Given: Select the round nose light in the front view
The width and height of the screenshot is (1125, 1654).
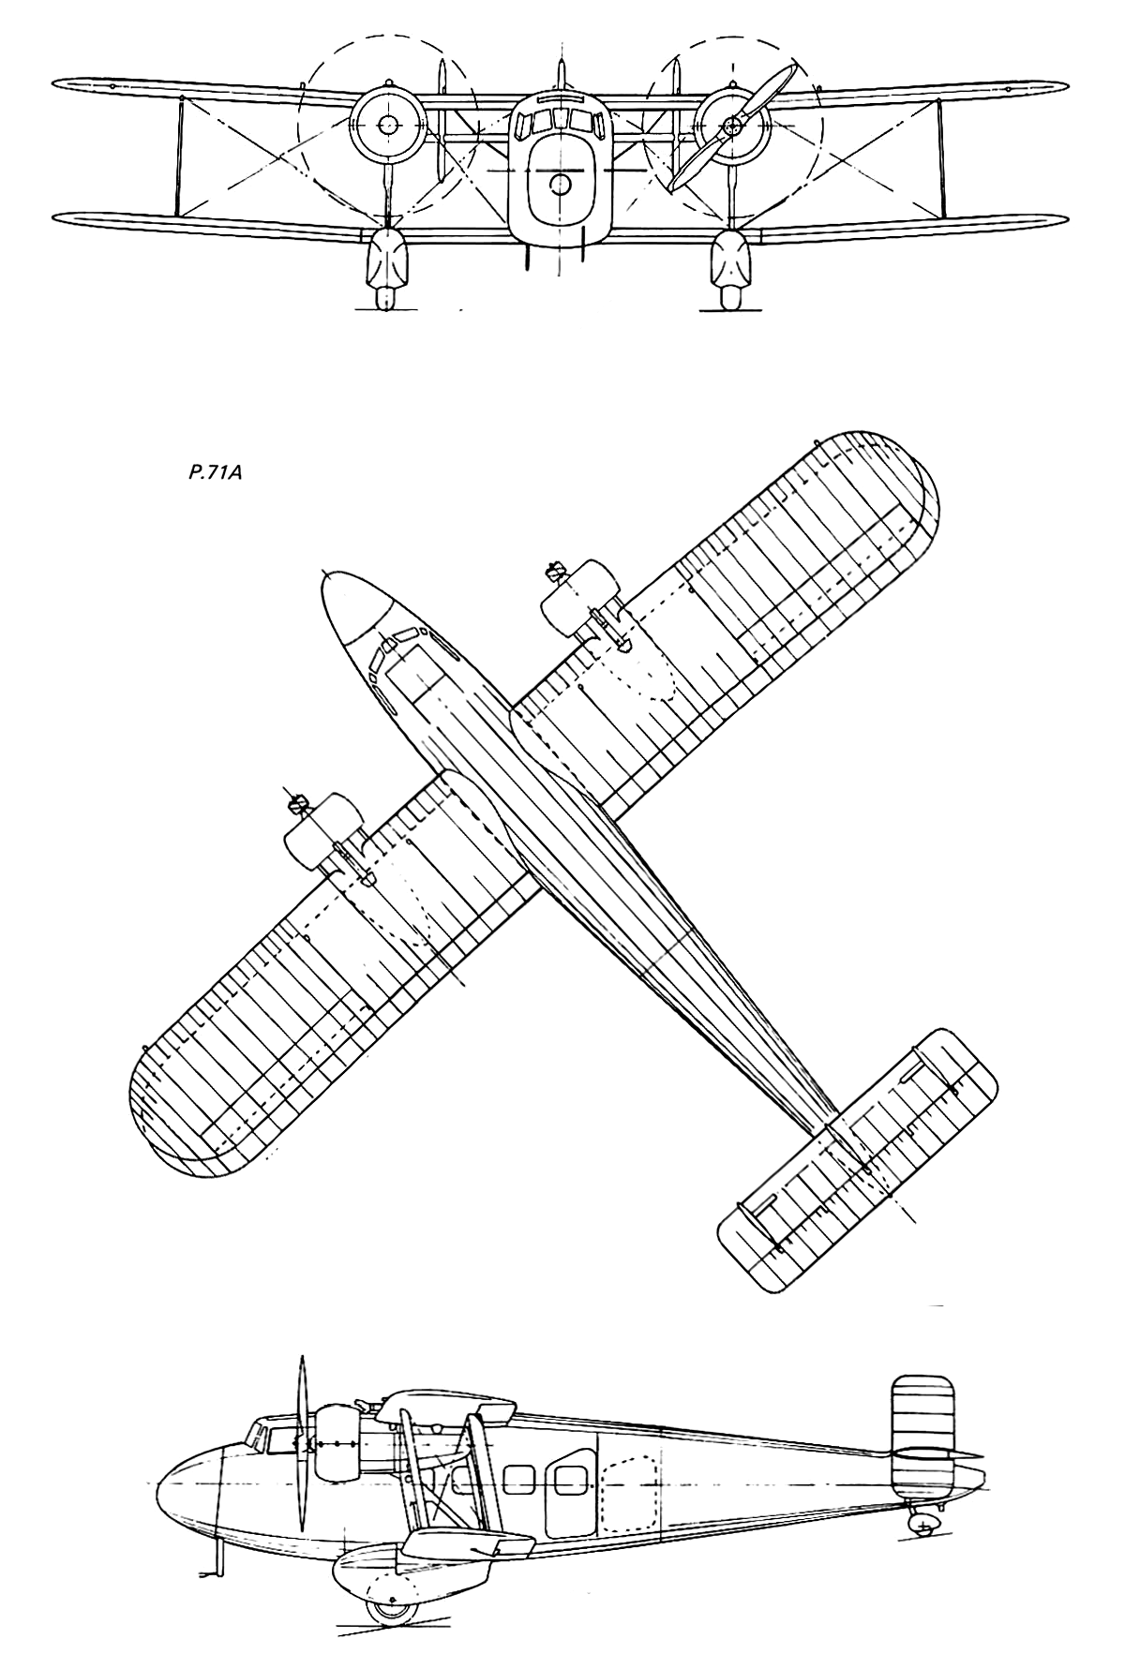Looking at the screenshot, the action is click(560, 184).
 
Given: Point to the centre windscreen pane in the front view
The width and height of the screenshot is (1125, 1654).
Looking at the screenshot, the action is click(561, 118).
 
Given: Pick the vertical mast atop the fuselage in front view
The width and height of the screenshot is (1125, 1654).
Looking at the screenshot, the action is click(561, 76).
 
